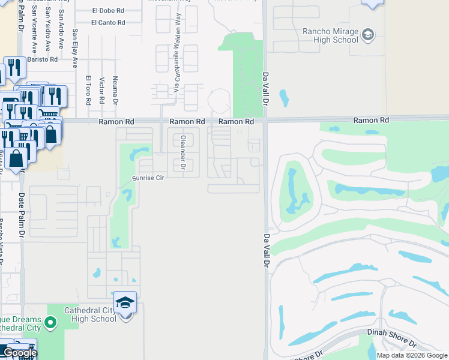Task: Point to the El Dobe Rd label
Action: (x=108, y=11)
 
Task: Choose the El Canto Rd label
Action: (x=108, y=23)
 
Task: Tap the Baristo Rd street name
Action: (x=45, y=59)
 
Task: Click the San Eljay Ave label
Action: (x=75, y=47)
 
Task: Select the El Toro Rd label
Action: (x=88, y=90)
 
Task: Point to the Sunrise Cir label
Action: (x=148, y=178)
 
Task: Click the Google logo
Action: (x=19, y=353)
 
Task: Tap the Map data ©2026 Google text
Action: (x=412, y=355)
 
